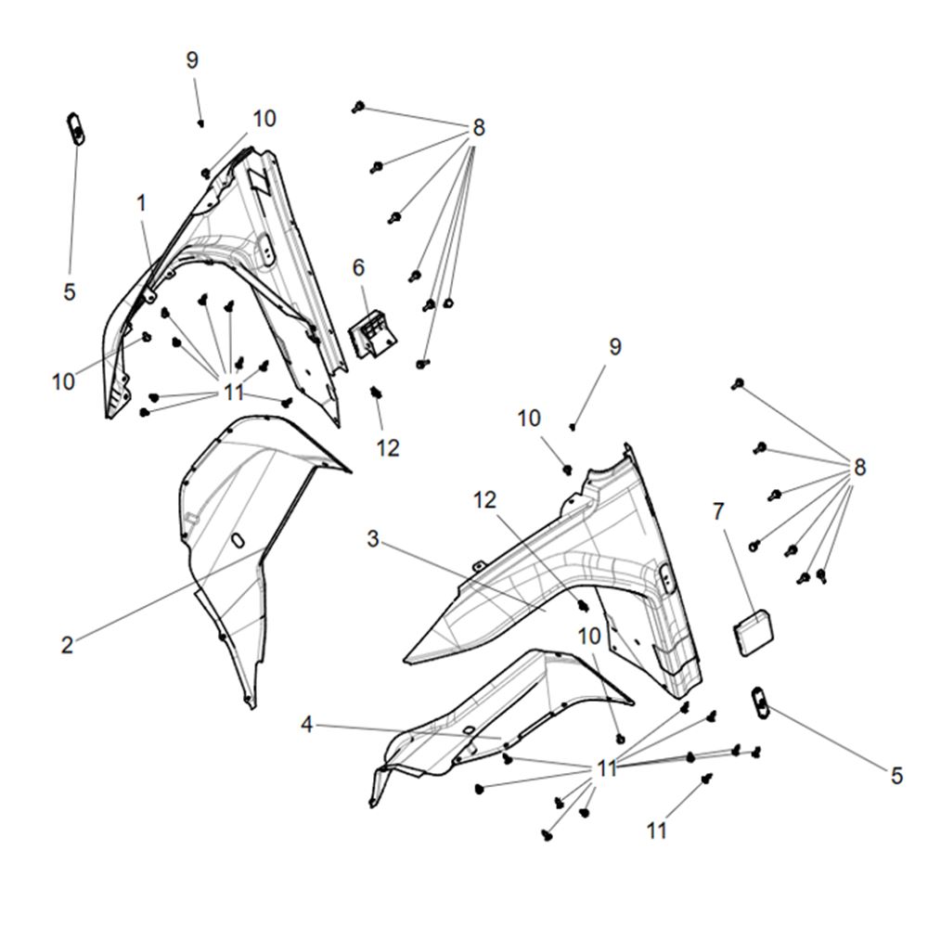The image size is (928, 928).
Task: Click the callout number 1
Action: click(141, 203)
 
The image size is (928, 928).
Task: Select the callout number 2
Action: click(68, 645)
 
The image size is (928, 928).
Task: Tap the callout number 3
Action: click(373, 538)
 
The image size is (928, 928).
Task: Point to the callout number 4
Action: click(306, 724)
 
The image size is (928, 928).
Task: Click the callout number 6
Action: click(358, 267)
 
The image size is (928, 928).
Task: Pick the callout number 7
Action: click(718, 511)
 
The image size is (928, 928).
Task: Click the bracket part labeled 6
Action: click(372, 334)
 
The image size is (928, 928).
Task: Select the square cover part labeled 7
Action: click(754, 633)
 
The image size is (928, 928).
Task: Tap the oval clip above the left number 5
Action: click(75, 128)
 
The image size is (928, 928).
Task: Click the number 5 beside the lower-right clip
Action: click(896, 775)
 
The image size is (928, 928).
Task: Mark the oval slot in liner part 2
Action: click(238, 540)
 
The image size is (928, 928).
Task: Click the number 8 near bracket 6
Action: click(478, 128)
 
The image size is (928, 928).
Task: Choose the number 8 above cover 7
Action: click(859, 468)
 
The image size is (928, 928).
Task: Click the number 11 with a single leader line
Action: click(657, 831)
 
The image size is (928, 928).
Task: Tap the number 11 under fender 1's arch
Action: click(234, 392)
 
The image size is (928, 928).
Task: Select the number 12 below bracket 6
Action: click(388, 448)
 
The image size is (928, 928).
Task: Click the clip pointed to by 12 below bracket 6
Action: click(375, 392)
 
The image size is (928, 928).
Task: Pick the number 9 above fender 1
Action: click(192, 60)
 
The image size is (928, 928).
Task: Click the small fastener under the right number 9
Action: click(573, 426)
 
